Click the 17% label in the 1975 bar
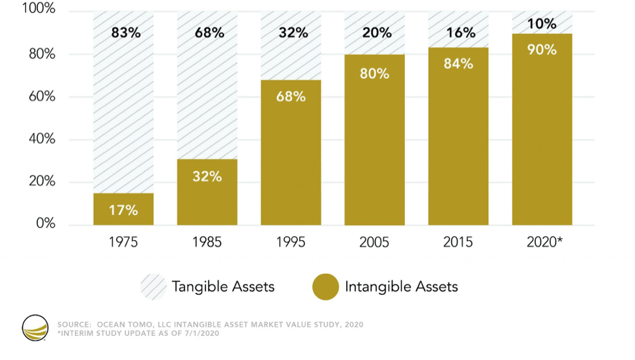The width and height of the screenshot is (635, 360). tap(123, 210)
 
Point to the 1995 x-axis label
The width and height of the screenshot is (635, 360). tap(291, 242)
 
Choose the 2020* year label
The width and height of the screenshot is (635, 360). tap(543, 242)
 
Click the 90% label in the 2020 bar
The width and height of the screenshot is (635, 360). tap(542, 49)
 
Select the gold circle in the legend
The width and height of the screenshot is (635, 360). tap(325, 287)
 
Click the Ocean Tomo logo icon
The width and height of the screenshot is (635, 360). tap(35, 329)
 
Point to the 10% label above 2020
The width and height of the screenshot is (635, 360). tap(542, 24)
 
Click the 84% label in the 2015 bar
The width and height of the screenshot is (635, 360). tap(458, 65)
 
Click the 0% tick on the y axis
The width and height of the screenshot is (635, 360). tap(44, 224)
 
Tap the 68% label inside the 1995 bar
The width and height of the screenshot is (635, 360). tap(291, 96)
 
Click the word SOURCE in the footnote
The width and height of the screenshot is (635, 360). tap(73, 324)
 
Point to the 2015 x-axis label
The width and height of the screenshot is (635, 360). tap(458, 242)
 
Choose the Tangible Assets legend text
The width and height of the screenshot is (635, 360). tap(223, 286)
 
